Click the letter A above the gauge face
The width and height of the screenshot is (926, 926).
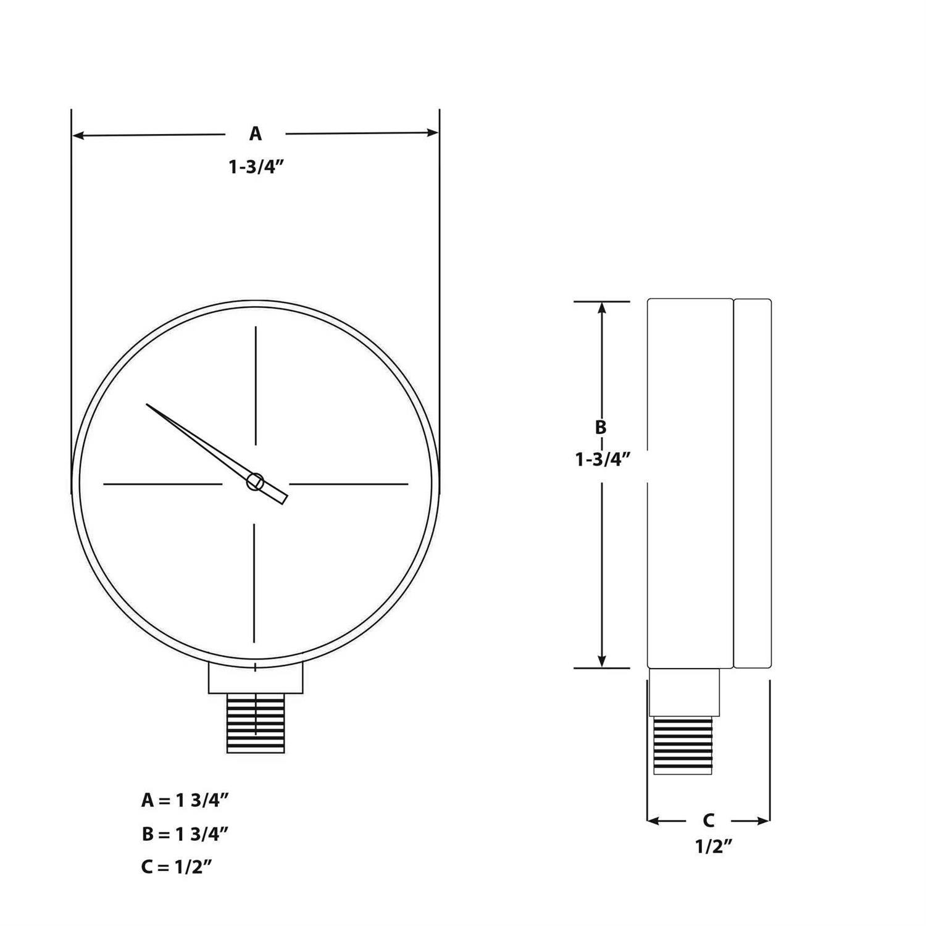(x=255, y=133)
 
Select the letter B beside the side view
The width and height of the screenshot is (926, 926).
(x=600, y=427)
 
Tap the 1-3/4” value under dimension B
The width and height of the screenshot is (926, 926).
(x=603, y=459)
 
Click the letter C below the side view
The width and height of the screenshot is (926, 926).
(x=709, y=820)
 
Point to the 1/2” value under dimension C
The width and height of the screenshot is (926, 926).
(x=714, y=846)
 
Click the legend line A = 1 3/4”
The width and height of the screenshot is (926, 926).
(x=185, y=800)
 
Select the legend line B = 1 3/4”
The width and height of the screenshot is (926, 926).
(x=185, y=834)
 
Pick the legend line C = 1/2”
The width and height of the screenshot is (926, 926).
(x=177, y=867)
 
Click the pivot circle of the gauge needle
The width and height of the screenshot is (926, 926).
(x=255, y=482)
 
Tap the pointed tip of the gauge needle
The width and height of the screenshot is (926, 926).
(x=148, y=406)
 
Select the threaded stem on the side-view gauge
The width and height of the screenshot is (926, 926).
(x=683, y=745)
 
